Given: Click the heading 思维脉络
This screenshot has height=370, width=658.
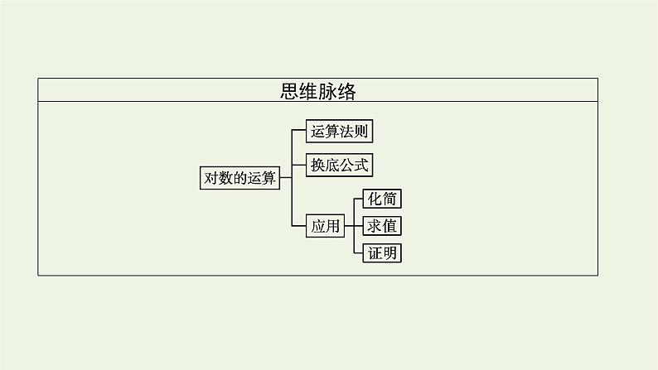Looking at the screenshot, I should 318,90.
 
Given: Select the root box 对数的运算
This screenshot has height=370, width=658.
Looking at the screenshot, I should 240,177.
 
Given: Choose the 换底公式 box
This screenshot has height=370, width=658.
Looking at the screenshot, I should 339,165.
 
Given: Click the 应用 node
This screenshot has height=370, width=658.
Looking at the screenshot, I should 325,225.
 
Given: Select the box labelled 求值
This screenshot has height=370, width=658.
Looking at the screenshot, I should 382,225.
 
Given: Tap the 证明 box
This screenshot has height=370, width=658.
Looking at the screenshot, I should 382,252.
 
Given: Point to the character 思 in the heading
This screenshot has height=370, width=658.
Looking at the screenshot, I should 290,90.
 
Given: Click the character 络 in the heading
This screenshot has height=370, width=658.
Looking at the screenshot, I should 346,90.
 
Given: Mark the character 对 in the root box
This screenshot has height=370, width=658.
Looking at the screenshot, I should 211,177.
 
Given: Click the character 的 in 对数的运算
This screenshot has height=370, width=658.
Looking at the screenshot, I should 240,177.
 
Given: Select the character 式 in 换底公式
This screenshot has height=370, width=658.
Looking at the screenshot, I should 361,165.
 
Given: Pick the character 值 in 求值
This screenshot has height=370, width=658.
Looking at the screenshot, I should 389,225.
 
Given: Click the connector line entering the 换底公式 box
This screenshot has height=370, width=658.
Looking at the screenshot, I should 299,165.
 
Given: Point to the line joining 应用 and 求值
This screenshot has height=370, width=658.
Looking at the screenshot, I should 353,225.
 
